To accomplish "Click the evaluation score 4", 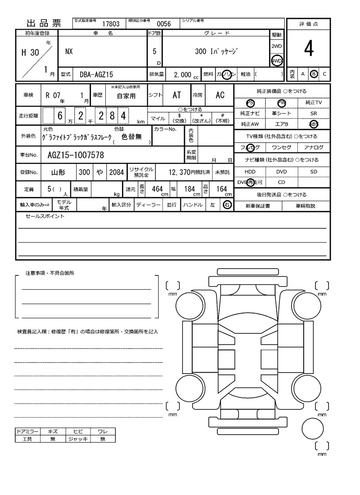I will point(308,49).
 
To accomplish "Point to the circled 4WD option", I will point(277,61).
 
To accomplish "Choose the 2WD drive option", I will point(277,47).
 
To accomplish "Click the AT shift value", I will point(177,95).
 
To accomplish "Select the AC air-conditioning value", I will point(220,95).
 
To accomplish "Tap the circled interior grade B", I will point(314,74).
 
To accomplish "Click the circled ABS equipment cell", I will point(313,124).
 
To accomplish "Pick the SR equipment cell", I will point(313,114).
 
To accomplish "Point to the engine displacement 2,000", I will point(182,75).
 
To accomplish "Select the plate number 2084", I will point(117,172).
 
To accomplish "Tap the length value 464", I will point(157,189).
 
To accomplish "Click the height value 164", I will point(221,189).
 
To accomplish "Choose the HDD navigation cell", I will point(250,171).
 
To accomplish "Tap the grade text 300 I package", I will point(216,51).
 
